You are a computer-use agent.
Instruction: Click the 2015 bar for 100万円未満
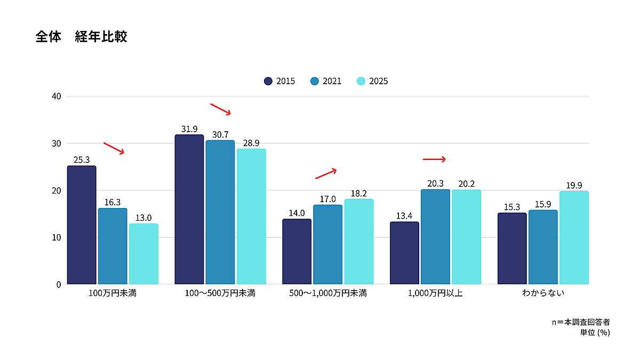coord(82,225)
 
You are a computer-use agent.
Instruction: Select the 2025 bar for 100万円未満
coord(143,254)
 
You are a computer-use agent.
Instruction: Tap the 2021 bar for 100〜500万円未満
coord(220,212)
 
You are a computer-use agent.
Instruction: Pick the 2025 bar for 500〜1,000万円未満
coord(359,242)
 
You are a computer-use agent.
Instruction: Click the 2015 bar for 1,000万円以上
coord(404,253)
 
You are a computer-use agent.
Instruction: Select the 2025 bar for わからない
coord(574,237)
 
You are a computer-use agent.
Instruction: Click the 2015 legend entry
coord(279,81)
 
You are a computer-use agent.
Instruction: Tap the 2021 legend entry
coord(326,81)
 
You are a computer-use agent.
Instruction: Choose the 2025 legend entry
coord(372,81)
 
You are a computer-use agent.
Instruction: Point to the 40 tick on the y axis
coord(56,97)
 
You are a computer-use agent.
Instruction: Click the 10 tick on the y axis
coord(56,237)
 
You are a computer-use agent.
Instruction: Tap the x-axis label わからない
coord(543,293)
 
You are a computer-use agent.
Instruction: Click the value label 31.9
coord(189,129)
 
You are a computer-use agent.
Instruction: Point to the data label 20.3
coord(435,183)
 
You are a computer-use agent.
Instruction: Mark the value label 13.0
coord(143,218)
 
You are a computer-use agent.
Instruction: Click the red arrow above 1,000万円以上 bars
coord(434,159)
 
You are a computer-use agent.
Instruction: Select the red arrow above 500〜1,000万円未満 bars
coord(326,174)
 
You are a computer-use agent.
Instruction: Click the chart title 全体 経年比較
coord(81,37)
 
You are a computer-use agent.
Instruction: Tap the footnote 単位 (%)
coord(595,332)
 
